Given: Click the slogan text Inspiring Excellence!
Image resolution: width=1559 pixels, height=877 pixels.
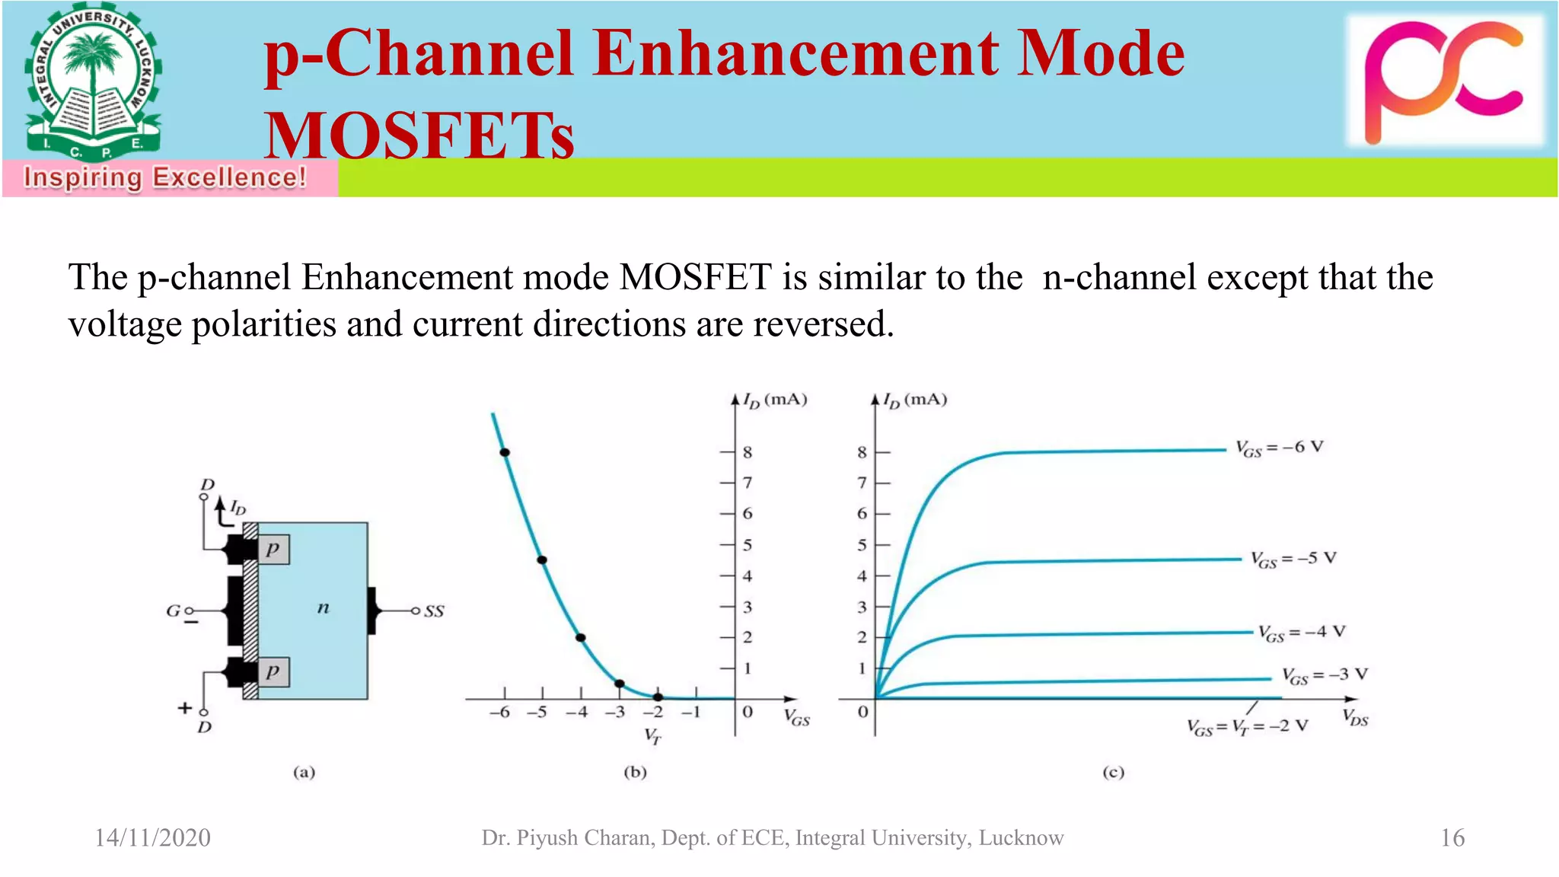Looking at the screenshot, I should coord(165,177).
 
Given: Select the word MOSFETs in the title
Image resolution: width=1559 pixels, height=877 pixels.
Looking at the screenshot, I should coord(419,136).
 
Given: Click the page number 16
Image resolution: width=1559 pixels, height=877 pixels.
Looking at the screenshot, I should coord(1452,837).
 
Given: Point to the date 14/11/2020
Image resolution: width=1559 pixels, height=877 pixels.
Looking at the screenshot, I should coord(152,837).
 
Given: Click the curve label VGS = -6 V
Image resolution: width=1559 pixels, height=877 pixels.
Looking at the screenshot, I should coord(1279,448).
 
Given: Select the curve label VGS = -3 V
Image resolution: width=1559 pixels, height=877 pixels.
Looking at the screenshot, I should coord(1324,675).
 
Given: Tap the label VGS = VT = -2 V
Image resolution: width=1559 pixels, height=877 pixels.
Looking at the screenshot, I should coord(1247,726).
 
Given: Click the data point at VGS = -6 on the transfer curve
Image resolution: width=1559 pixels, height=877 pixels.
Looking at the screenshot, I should coord(505,452).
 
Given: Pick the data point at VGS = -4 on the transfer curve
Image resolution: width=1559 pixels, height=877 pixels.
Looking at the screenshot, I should coord(581,637).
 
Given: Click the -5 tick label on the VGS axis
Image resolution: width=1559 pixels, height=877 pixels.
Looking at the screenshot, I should coord(537,713).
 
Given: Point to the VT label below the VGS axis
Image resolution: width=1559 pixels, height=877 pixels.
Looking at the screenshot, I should coord(652,735).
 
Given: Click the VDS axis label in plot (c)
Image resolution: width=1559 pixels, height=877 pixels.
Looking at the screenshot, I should coord(1355,717).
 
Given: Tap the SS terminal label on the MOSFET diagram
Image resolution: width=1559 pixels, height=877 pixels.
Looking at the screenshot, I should coord(434,611).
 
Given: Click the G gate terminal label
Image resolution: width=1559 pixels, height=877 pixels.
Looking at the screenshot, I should coord(173,611).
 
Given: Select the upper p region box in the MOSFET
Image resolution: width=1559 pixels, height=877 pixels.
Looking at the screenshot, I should coord(273,549).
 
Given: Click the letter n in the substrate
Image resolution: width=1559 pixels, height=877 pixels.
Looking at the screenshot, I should coord(323,608).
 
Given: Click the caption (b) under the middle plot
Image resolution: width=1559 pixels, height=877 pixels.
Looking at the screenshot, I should coord(635,772).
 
